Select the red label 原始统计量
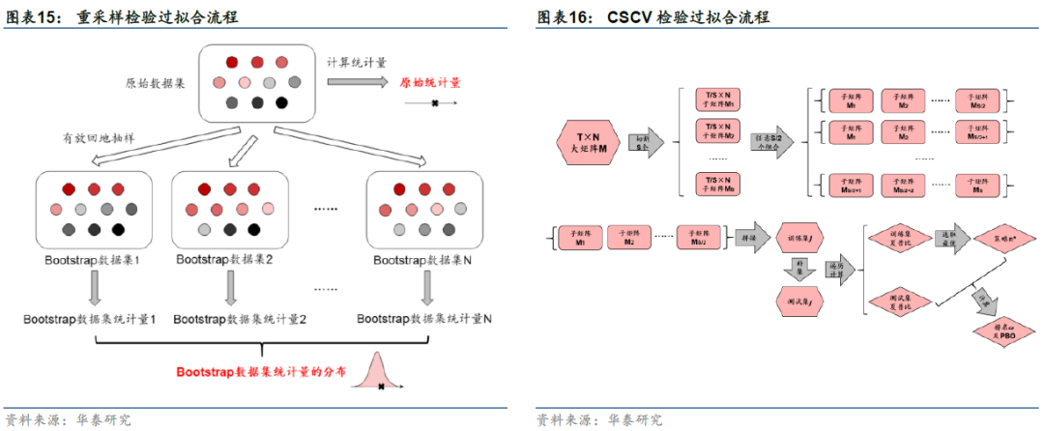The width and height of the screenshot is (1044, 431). tap(430, 83)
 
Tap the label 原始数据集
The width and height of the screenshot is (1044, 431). tap(157, 83)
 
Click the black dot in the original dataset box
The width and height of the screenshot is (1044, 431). tap(281, 103)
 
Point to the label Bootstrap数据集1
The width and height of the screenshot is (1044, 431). tap(92, 260)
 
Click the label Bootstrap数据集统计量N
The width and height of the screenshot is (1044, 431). tap(424, 318)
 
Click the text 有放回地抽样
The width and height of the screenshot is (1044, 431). tap(98, 138)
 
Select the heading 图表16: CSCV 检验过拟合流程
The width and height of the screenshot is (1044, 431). tap(666, 18)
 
